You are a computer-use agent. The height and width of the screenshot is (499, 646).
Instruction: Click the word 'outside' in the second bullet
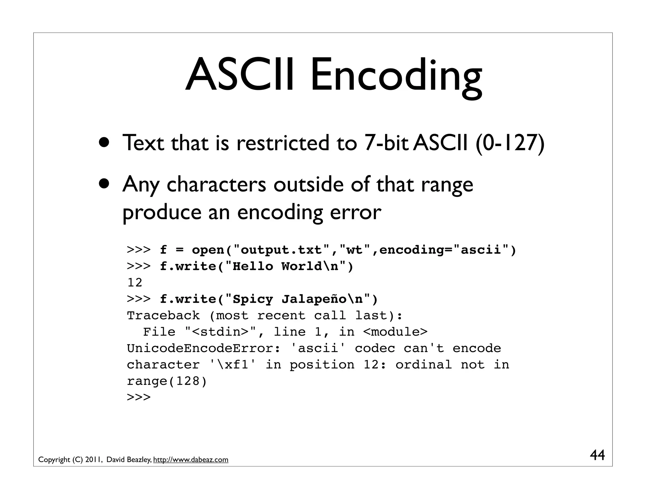click(308, 184)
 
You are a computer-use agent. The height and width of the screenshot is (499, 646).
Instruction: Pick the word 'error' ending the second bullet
click(355, 212)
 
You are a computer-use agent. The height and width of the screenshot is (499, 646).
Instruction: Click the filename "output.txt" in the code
click(281, 250)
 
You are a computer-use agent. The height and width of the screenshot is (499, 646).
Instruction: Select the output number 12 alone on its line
click(135, 283)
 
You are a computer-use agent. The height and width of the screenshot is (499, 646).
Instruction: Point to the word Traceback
click(163, 315)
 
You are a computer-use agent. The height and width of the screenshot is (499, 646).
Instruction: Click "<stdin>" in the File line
click(220, 332)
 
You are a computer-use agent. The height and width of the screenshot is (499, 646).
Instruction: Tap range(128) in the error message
click(167, 381)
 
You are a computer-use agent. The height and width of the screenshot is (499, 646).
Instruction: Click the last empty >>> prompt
click(139, 397)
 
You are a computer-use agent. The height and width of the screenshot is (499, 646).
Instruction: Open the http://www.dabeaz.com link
click(191, 460)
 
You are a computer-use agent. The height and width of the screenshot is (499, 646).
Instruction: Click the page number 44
click(597, 455)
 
